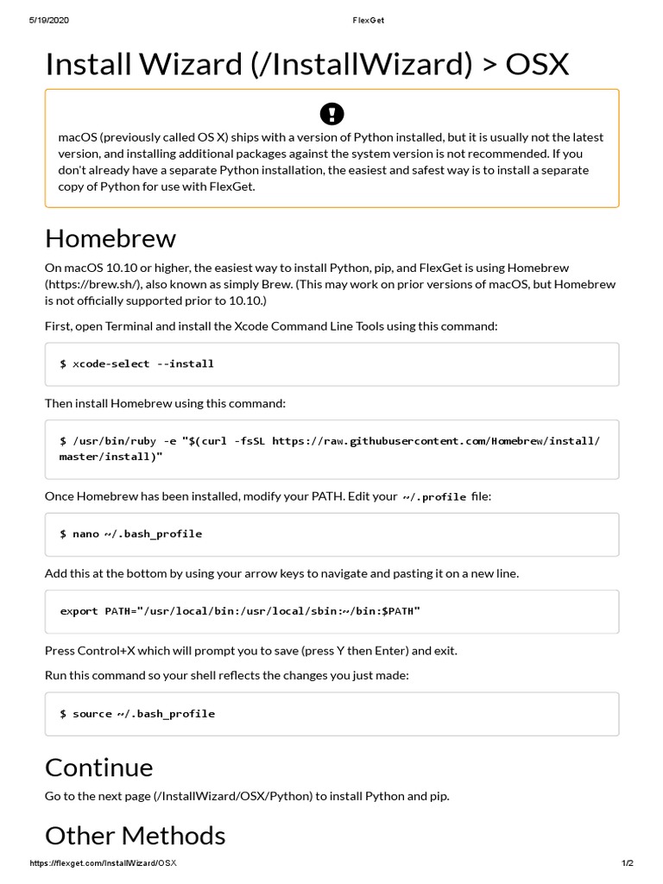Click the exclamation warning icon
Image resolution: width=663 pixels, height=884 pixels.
point(331,113)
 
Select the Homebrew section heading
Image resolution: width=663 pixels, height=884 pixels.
point(110,237)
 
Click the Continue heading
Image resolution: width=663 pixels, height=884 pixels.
point(98,767)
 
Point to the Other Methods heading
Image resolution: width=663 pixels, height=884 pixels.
point(135,835)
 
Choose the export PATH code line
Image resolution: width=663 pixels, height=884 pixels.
point(240,611)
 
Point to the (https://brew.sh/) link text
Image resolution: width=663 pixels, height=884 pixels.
point(88,284)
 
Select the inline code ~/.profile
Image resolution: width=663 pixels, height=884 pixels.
point(434,497)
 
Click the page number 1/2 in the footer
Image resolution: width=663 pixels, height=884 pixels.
point(627,863)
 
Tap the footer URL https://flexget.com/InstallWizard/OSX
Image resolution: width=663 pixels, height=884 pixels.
point(104,863)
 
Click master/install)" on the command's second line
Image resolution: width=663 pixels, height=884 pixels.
point(110,457)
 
